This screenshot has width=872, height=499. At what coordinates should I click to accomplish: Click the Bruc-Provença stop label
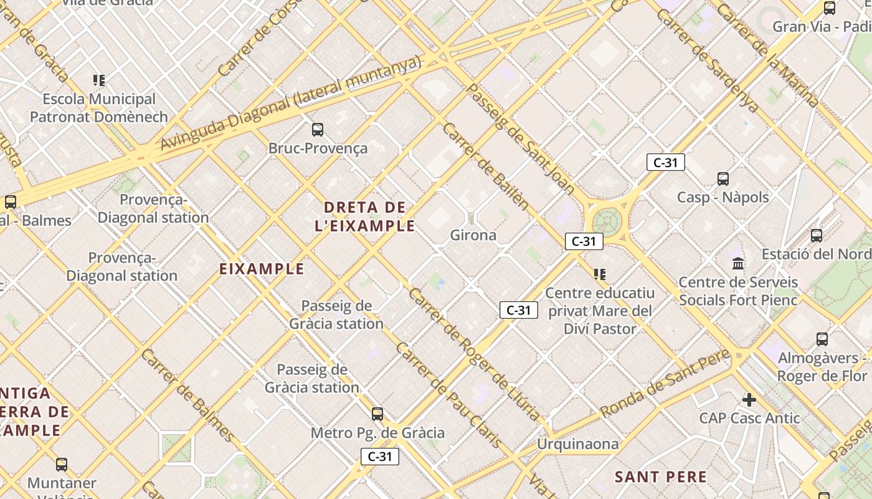click(x=318, y=148)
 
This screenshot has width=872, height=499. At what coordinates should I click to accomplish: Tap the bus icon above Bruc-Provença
click(x=318, y=130)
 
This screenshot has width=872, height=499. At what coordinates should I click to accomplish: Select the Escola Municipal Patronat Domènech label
click(x=99, y=108)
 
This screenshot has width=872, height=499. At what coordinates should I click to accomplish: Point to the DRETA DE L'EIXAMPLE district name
click(x=365, y=216)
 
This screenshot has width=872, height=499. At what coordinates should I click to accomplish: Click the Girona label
click(x=473, y=235)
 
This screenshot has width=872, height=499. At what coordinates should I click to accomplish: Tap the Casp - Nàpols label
click(x=723, y=197)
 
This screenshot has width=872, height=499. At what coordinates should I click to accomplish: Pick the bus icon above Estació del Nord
click(x=817, y=236)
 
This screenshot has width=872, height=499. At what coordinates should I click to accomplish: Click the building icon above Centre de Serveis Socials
click(x=738, y=263)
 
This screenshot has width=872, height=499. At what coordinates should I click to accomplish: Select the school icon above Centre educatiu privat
click(x=600, y=274)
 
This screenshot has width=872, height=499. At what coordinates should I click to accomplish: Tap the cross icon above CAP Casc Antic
click(x=749, y=399)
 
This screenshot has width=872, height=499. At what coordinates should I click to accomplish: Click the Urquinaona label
click(x=578, y=444)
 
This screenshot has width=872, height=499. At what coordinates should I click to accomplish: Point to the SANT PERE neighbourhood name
click(x=661, y=477)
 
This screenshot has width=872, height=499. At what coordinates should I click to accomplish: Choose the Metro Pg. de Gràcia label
click(x=377, y=433)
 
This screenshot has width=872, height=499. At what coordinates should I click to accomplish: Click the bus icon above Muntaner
click(x=62, y=465)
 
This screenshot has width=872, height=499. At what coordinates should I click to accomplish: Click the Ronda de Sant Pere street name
click(x=665, y=384)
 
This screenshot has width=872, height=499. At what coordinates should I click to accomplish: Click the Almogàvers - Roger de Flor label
click(x=822, y=367)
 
